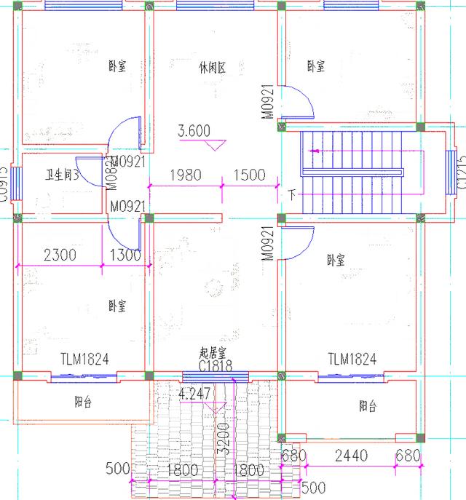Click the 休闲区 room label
(x=212, y=68)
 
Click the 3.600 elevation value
(x=194, y=131)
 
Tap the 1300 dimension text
(x=125, y=255)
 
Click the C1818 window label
(x=216, y=366)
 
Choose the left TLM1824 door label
(x=84, y=359)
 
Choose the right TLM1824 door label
(x=352, y=359)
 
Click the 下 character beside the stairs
(x=292, y=195)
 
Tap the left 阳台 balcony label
(x=83, y=402)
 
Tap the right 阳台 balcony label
(x=368, y=405)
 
